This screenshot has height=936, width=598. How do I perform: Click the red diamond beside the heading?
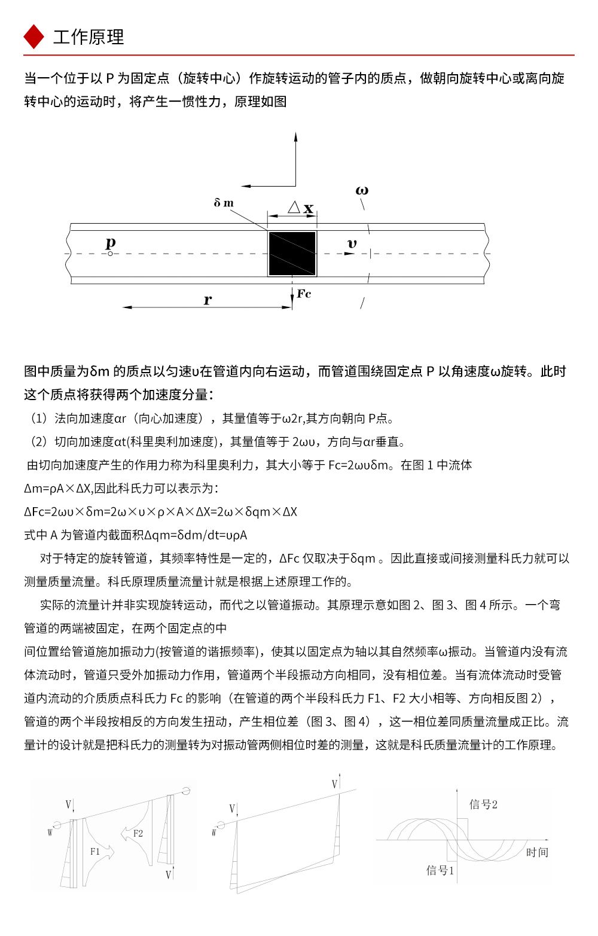33,36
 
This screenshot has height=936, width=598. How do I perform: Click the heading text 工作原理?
89,37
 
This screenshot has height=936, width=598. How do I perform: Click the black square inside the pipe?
292,254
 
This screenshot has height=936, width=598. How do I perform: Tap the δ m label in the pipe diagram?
224,203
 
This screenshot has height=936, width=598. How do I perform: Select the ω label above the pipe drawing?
362,191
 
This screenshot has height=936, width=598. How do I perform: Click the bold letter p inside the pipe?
111,243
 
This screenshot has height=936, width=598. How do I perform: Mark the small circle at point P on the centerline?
111,254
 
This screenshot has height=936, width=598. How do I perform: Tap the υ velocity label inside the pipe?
352,243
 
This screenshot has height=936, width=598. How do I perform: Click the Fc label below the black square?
304,294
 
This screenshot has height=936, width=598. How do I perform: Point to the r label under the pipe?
208,300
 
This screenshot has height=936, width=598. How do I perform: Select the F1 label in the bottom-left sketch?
95,851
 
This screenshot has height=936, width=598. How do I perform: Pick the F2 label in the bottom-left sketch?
138,833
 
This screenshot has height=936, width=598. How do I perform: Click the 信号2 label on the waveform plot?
483,804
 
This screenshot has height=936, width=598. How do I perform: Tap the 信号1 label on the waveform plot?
440,870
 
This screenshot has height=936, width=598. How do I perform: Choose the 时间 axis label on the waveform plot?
537,852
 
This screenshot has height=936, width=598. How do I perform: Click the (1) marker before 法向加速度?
39,419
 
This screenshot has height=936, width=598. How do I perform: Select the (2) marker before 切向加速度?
39,442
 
